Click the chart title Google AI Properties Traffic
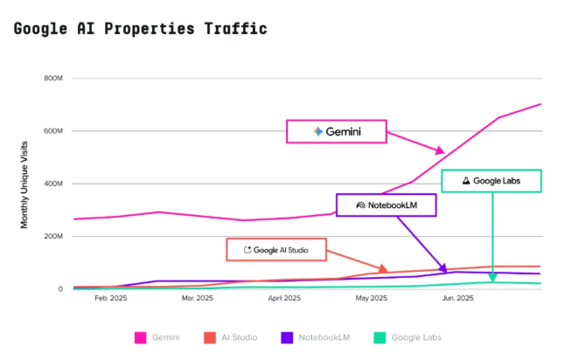click(141, 29)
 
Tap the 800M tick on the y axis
click(54, 79)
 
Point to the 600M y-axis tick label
click(54, 131)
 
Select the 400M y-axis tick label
click(54, 183)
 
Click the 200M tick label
click(54, 236)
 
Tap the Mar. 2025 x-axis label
click(198, 299)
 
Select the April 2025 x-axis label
click(285, 299)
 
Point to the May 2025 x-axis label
click(372, 299)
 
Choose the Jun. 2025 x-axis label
click(458, 299)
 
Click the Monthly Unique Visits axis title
click(25, 183)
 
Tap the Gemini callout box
click(337, 132)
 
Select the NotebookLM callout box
click(386, 205)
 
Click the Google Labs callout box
click(491, 181)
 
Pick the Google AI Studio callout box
click(276, 249)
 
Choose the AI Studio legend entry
click(231, 337)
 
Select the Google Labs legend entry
click(407, 337)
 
